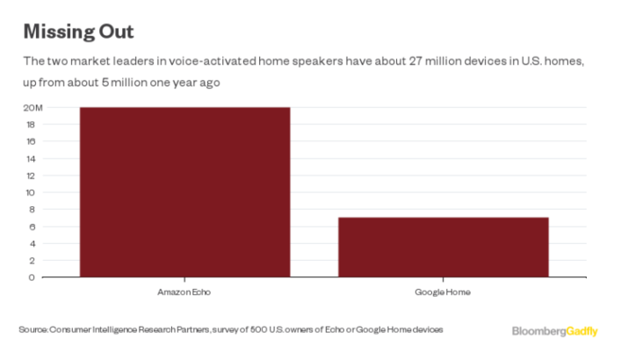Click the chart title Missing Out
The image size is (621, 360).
[x=78, y=31]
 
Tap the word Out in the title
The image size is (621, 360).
[x=115, y=31]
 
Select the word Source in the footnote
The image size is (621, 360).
[x=33, y=330]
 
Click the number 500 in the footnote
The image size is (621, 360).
[x=254, y=330]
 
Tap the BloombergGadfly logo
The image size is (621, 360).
[x=554, y=331]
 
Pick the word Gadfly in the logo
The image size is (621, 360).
[x=582, y=331]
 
